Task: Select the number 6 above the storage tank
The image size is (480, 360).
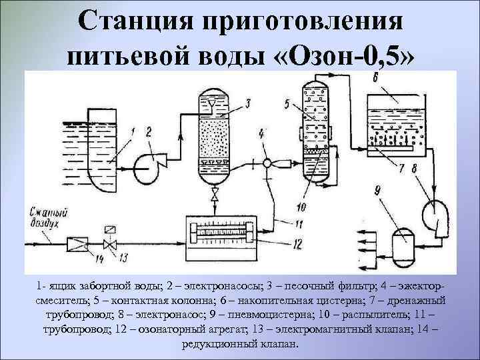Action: click(375, 79)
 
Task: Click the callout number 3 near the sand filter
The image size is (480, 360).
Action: click(247, 103)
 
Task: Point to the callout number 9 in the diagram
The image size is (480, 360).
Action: click(378, 192)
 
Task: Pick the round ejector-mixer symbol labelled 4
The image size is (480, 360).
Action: click(267, 163)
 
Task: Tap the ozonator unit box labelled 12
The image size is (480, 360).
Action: click(221, 233)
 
